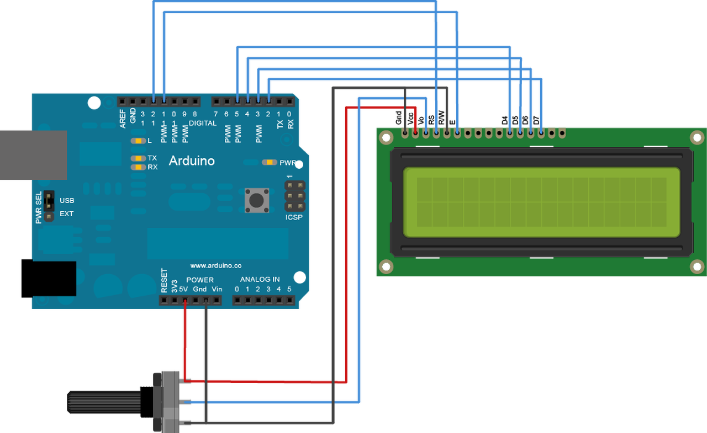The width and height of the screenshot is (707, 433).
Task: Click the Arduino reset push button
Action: [257, 200]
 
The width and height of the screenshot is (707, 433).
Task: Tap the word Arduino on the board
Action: [192, 161]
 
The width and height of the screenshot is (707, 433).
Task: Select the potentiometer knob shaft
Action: [104, 402]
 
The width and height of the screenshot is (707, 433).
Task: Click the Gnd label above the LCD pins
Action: [399, 117]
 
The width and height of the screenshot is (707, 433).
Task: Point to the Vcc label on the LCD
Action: [410, 119]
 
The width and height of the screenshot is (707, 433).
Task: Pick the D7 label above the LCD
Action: [536, 120]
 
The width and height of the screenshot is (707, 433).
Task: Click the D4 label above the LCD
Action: [505, 120]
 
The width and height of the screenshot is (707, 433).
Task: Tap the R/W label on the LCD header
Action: [441, 117]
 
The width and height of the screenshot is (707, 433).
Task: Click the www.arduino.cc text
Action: [216, 266]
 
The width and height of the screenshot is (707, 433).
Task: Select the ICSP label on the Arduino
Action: [294, 217]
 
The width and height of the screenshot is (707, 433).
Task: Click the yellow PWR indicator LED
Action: [270, 162]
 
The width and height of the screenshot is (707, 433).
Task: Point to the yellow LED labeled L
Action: [138, 141]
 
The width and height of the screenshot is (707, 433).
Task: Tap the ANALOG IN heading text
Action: [260, 280]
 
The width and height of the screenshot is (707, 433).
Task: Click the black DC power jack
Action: [49, 279]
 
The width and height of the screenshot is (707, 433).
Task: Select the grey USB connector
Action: [34, 155]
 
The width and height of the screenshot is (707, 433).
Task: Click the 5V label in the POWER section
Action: [183, 289]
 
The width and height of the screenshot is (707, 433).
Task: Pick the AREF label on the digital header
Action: [123, 119]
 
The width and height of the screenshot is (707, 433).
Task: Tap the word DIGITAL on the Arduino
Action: [203, 123]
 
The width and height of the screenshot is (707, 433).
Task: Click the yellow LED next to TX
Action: [138, 158]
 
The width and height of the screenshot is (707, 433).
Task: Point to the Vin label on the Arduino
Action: [217, 289]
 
